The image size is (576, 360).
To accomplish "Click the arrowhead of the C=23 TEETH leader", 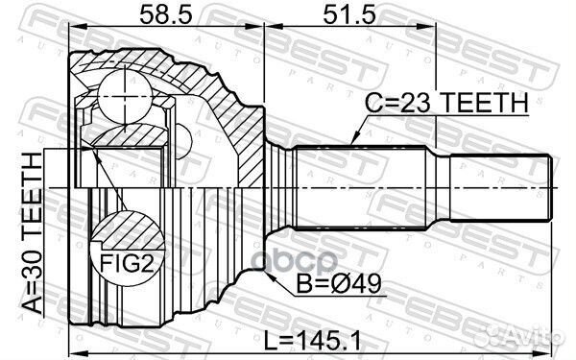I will pos(352,144).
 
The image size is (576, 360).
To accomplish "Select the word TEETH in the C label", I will pos(490,103).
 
